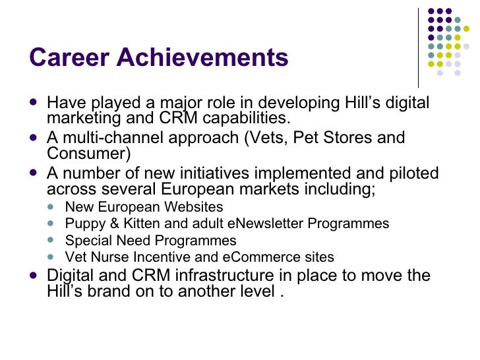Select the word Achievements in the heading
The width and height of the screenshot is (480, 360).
(x=202, y=57)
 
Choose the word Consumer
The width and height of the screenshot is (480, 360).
(x=89, y=154)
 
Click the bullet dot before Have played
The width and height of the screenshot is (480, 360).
(x=34, y=104)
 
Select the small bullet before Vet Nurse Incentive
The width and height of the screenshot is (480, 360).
(x=53, y=257)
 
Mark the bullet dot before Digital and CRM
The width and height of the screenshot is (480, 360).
(x=34, y=276)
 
